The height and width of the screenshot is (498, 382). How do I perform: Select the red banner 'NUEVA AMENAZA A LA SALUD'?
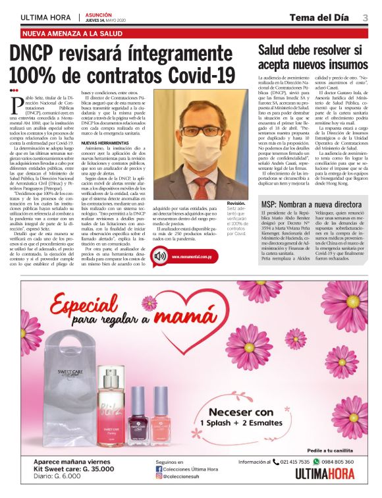pyautogui.click(x=72, y=33)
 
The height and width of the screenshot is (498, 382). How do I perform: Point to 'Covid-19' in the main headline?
pyautogui.click(x=198, y=74)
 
